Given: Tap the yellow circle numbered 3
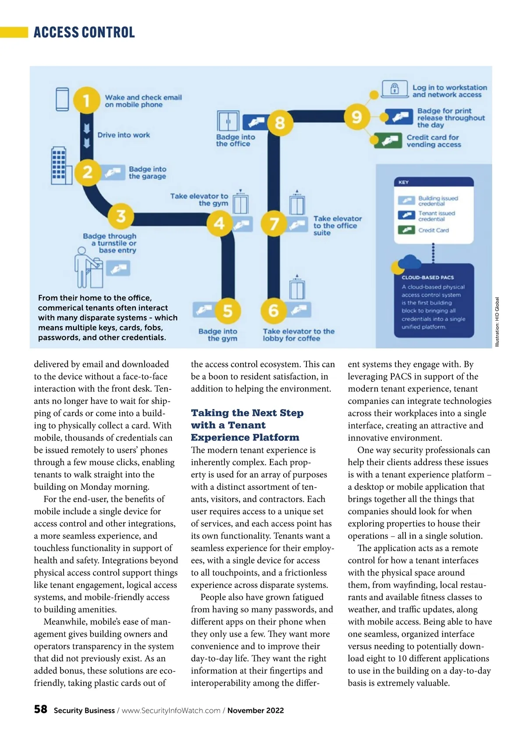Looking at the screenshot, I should point(121,216).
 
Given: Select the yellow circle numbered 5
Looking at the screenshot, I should point(227,310).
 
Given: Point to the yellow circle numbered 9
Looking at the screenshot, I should point(357,117).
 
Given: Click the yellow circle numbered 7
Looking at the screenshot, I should point(274,223).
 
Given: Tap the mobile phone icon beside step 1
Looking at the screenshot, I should point(63,100).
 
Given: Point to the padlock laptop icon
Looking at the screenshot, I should point(394,88).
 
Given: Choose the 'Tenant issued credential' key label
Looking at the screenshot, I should point(436,216).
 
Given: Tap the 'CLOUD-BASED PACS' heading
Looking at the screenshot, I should point(427,278).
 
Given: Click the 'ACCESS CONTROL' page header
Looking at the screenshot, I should point(84,32).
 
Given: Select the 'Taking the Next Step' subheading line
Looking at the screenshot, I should point(247,413).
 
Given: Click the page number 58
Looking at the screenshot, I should point(40,709).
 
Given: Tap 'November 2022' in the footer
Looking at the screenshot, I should point(256,710).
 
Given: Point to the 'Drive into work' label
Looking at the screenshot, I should point(124,135).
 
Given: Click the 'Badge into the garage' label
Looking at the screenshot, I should point(147,172).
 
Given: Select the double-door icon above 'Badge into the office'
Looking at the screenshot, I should point(228,121).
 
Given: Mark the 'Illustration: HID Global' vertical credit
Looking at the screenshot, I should point(497,322).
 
